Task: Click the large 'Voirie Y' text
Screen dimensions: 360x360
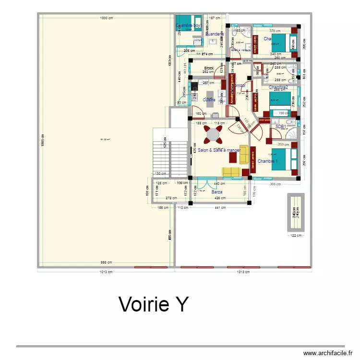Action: pos(154,304)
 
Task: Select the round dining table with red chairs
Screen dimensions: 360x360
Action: pos(213,134)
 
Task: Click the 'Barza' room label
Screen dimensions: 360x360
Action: pos(217,192)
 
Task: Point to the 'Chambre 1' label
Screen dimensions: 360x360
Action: pos(268,161)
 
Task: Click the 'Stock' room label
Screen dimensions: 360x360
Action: pos(209,69)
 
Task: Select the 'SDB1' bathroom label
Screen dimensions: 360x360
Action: pos(281,127)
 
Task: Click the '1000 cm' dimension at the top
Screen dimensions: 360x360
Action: pos(107,18)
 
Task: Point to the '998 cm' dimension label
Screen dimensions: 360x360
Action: pos(106,262)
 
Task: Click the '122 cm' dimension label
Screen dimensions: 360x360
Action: pos(295,235)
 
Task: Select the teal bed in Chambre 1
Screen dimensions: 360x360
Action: pos(281,160)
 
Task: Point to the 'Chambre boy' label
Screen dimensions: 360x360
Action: pos(188,25)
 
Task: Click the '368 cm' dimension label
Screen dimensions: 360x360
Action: pos(275,184)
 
